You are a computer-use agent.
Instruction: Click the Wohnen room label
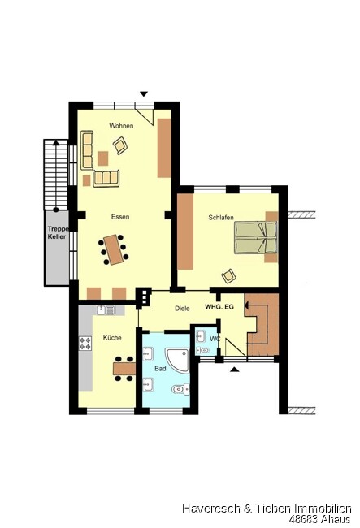coord(121,126)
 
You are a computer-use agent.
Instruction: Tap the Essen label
coord(120,217)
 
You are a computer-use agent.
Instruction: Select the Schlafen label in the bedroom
coord(221,218)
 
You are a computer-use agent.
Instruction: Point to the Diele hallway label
coord(182,309)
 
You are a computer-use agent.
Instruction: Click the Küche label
coord(112,338)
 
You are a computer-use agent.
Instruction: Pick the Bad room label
coord(160,369)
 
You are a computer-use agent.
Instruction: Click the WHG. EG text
coord(219,307)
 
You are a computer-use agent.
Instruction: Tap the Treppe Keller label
coord(57,232)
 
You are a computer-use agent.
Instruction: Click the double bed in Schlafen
coord(256,237)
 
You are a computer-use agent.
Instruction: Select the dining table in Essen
coord(114,249)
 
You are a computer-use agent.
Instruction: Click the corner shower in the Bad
coord(177,360)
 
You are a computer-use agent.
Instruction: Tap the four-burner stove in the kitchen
coord(85,343)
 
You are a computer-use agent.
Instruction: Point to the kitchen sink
coord(106,310)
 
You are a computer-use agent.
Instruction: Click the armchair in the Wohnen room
coord(120,145)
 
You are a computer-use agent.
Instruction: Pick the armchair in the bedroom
coord(228,276)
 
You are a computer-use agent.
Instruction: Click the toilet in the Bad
coord(180,390)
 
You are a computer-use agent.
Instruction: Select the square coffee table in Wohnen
coord(102,158)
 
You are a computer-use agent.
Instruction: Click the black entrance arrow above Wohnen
coord(144,94)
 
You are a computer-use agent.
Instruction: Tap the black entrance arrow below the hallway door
coord(235,370)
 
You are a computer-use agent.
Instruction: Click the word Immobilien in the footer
coord(323,509)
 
